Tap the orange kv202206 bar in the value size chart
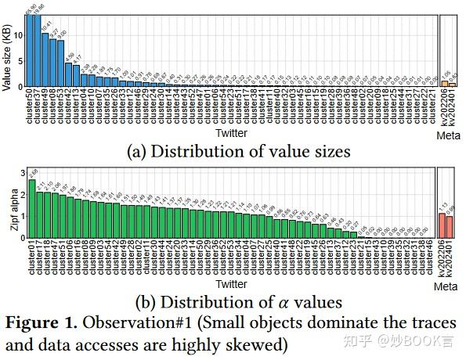click(x=444, y=83)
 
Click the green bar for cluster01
click(x=32, y=210)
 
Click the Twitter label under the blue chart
click(x=231, y=134)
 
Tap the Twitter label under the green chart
click(x=231, y=284)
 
